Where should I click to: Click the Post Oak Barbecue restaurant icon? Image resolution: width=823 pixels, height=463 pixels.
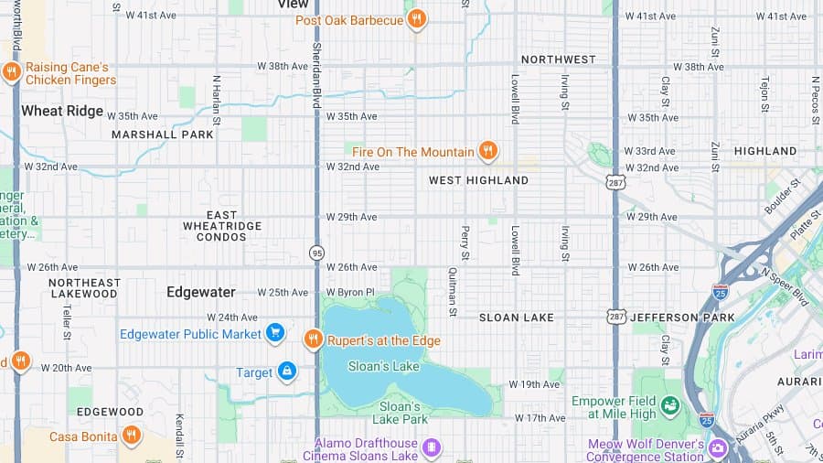click(416, 18)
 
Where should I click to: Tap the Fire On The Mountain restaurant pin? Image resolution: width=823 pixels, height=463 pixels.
click(488, 150)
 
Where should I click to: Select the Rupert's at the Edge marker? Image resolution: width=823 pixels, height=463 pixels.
click(313, 339)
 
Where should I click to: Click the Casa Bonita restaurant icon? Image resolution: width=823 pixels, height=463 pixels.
click(132, 435)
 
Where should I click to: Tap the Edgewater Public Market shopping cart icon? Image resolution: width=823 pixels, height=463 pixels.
click(274, 333)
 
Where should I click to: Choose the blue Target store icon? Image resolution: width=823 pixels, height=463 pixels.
click(287, 371)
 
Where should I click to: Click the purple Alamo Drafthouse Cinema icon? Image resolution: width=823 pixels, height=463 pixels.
click(432, 447)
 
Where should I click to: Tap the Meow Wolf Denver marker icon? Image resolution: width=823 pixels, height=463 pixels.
click(718, 448)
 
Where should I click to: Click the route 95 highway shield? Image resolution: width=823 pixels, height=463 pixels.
click(316, 253)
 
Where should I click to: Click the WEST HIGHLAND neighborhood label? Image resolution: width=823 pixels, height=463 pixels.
click(478, 180)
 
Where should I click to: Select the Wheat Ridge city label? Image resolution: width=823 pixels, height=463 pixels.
click(62, 111)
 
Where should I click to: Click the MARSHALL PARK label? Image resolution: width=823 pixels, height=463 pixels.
click(162, 135)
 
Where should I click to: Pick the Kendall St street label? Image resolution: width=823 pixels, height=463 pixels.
click(179, 436)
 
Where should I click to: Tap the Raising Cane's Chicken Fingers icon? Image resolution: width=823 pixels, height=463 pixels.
click(12, 71)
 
